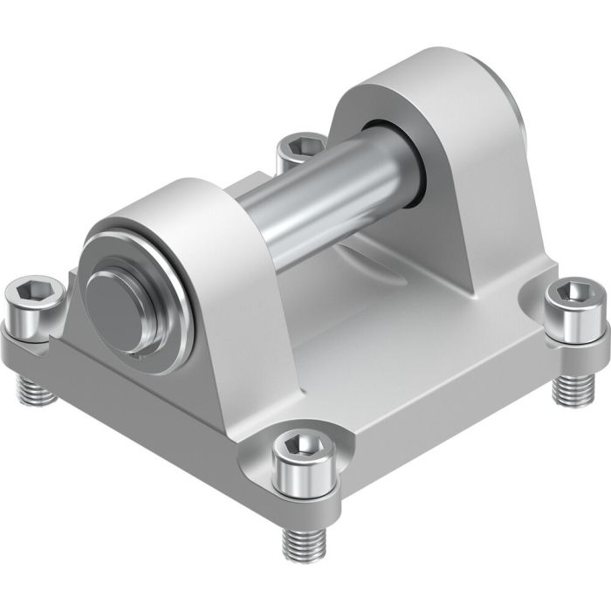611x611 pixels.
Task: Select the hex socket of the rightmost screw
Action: pyautogui.click(x=574, y=293)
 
